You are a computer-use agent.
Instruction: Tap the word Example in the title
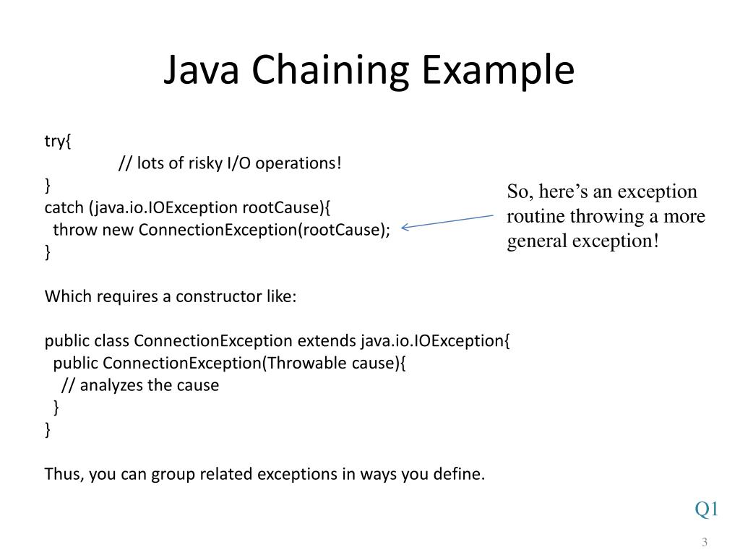coord(498,72)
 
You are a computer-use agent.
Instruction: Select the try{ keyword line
coord(58,141)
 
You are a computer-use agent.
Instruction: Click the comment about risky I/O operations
coord(229,163)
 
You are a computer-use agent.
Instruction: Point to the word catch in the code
coord(64,208)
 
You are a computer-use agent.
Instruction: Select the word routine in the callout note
coord(535,216)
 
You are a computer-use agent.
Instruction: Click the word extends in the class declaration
coord(327,341)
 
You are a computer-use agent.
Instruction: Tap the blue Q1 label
coord(706,509)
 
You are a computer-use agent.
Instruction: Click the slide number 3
coord(704,543)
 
